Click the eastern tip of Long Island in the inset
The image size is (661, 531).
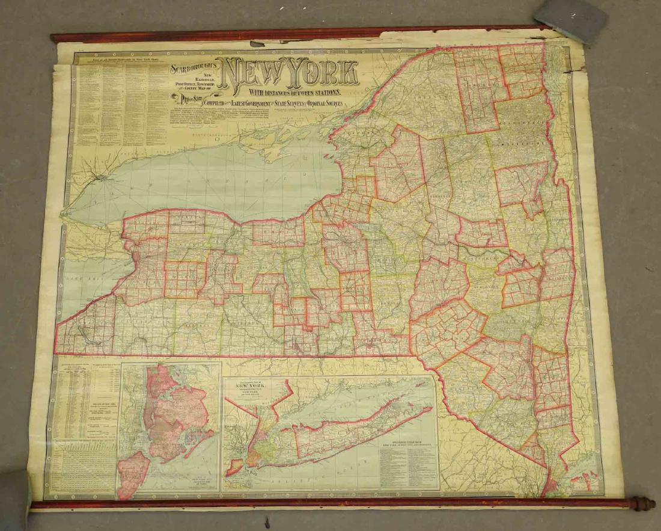pyautogui.click(x=430, y=410)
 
